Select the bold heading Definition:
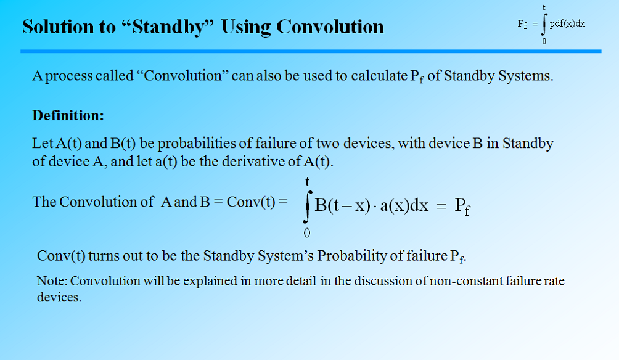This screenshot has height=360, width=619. click(x=68, y=115)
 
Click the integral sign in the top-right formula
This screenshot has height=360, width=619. click(x=543, y=25)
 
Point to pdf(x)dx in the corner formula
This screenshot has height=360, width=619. click(x=567, y=23)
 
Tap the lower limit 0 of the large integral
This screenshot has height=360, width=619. click(x=306, y=233)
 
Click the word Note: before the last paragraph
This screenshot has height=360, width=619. click(x=52, y=281)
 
